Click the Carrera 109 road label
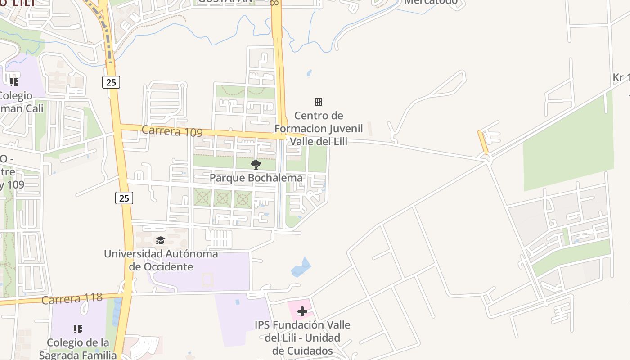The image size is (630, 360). pyautogui.click(x=171, y=131)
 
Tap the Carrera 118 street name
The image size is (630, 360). pyautogui.click(x=72, y=299)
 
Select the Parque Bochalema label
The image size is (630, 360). pyautogui.click(x=256, y=178)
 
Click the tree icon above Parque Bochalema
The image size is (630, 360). pyautogui.click(x=256, y=165)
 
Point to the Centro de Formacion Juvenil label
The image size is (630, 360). pyautogui.click(x=319, y=129)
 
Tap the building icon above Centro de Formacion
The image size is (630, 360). pyautogui.click(x=319, y=102)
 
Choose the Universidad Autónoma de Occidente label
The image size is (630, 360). pyautogui.click(x=161, y=260)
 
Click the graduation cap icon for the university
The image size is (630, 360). pyautogui.click(x=160, y=241)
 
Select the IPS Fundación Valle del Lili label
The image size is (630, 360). pyautogui.click(x=302, y=337)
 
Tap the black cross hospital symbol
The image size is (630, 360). pyautogui.click(x=302, y=311)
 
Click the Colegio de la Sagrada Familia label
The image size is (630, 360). pyautogui.click(x=78, y=349)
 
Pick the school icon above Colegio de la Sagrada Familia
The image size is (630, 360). pyautogui.click(x=78, y=329)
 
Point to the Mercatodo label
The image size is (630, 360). pyautogui.click(x=430, y=2)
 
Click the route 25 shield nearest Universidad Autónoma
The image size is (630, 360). pyautogui.click(x=124, y=198)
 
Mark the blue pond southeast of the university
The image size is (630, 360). pyautogui.click(x=301, y=267)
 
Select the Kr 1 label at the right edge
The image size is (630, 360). pyautogui.click(x=621, y=78)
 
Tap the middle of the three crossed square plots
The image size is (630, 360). pyautogui.click(x=223, y=198)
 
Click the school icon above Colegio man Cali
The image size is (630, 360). pyautogui.click(x=14, y=82)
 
